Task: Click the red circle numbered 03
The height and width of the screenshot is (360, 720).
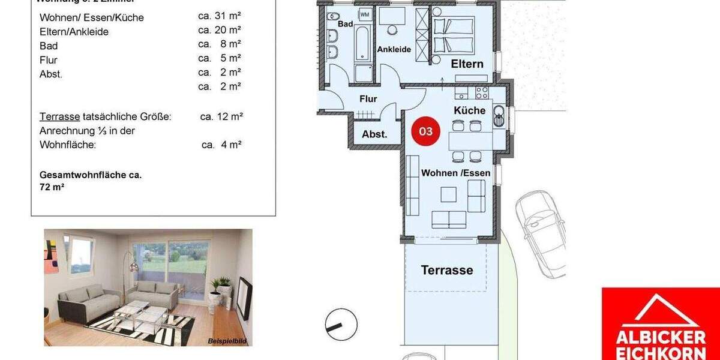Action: (x=425, y=131)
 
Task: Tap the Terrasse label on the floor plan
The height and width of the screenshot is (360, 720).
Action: (x=446, y=270)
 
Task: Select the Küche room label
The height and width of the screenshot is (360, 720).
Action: (x=469, y=110)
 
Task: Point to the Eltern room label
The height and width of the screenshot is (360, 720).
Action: (x=467, y=64)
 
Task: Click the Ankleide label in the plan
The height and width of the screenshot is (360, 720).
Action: (x=394, y=49)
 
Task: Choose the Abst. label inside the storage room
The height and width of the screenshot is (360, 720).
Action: (x=374, y=134)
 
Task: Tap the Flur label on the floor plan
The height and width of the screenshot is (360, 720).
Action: (x=368, y=98)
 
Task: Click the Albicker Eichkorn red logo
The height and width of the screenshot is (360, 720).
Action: (x=660, y=324)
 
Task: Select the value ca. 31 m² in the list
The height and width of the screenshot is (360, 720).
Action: (x=220, y=16)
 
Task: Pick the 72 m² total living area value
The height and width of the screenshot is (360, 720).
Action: (x=52, y=187)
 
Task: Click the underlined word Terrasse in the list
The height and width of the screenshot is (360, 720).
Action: (x=59, y=116)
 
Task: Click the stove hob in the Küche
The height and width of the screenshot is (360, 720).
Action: (x=482, y=92)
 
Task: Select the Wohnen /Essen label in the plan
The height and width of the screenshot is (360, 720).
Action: (x=455, y=173)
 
